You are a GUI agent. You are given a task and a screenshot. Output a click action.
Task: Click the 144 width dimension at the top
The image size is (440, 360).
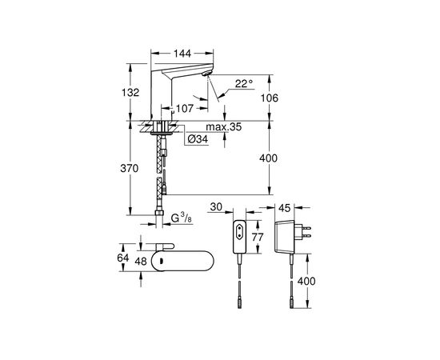[x=182, y=53]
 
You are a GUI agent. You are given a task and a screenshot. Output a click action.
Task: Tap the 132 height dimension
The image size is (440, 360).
[x=130, y=92]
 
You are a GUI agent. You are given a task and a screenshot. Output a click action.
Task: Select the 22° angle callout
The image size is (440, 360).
[x=244, y=83]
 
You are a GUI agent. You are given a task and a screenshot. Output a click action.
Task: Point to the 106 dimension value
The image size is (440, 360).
[x=270, y=98]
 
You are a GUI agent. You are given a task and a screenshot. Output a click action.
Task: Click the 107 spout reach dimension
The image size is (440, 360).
[x=185, y=108]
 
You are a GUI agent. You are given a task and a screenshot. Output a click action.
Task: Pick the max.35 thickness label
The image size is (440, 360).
[x=224, y=127]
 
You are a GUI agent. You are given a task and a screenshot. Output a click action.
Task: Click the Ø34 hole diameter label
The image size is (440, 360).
[x=198, y=139]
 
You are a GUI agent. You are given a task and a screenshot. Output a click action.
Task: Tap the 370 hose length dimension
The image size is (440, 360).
[x=130, y=168]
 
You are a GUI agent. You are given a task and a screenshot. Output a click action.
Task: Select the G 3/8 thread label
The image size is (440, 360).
[x=182, y=218]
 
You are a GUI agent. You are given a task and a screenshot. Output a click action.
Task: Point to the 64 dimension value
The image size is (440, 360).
[x=123, y=258]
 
